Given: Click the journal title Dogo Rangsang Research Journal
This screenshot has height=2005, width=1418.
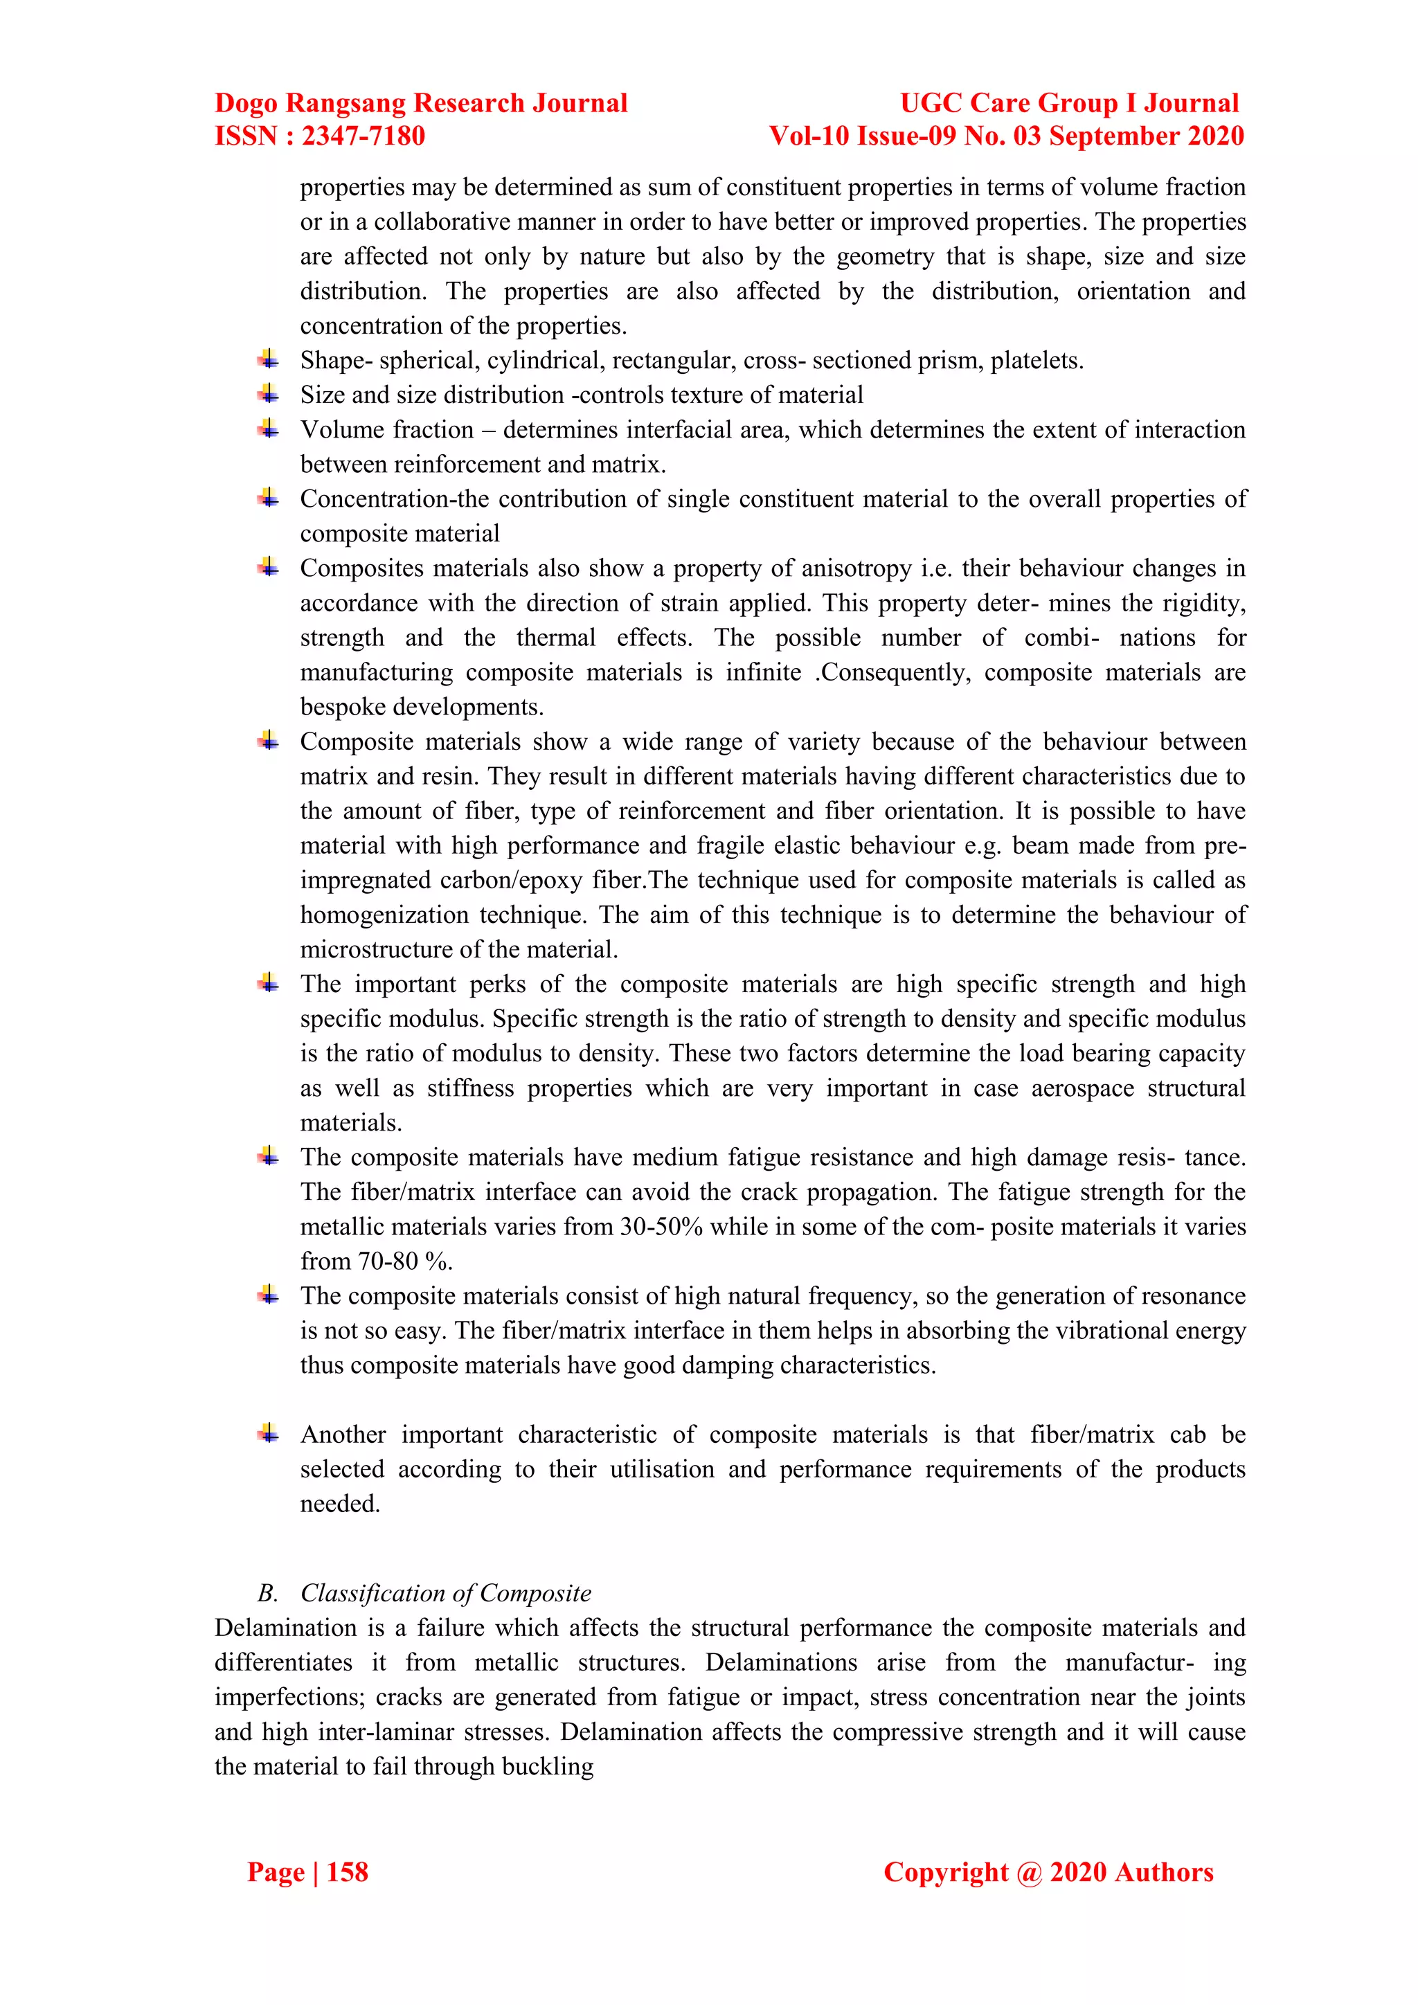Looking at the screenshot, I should (421, 103).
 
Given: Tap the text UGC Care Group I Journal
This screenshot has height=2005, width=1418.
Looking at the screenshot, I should (1069, 103).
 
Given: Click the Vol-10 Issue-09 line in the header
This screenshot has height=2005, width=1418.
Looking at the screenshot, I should (1006, 136).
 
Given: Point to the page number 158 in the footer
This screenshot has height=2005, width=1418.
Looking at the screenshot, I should (347, 1871).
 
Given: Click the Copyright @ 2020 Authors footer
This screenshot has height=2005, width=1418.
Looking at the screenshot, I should (1048, 1871).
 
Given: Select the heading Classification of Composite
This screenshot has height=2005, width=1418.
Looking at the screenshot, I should (445, 1593).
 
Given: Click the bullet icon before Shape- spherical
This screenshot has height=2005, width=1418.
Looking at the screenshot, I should (268, 359).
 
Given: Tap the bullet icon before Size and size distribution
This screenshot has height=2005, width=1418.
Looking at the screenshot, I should (268, 394).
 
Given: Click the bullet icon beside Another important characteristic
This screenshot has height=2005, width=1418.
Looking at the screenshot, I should (268, 1433).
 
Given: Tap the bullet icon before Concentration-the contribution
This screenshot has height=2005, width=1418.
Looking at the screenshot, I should (268, 498).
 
